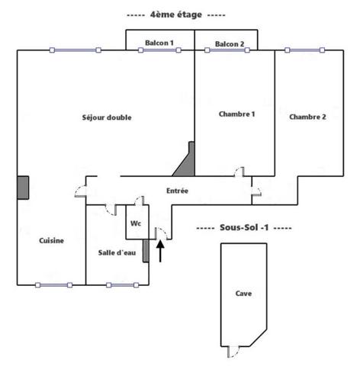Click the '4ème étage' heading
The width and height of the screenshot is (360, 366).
coord(176,14)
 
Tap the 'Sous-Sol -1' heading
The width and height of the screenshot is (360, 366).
coord(244,227)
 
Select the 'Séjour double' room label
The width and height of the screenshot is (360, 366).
coord(107,117)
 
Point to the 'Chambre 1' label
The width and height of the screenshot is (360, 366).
coord(236,114)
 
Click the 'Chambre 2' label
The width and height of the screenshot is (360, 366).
coord(307,117)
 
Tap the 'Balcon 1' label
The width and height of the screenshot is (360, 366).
coord(159,43)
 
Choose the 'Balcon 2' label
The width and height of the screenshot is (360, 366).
coord(230,44)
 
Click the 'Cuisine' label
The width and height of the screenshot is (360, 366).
coord(51,241)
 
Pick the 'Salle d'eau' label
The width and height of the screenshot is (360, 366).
coord(117,252)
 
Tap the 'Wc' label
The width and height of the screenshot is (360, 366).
coord(136,223)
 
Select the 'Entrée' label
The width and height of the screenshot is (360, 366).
coord(177,191)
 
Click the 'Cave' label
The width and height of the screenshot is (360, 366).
coord(243,294)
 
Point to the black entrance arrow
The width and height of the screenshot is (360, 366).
coord(160,251)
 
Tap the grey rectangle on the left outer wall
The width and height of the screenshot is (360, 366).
coord(23,188)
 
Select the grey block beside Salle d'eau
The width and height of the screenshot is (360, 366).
coord(146,251)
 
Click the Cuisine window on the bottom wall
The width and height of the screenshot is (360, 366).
coord(53,285)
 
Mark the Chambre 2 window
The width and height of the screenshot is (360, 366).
coord(304,50)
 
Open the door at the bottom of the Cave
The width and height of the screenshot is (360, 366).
coord(233,352)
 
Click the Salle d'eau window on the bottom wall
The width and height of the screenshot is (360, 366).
coord(122,285)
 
